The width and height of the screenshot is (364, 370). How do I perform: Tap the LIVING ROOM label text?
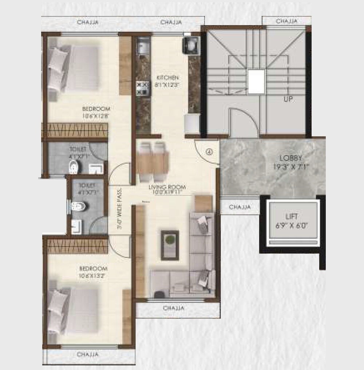(167, 188)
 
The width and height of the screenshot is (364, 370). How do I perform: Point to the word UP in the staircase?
(288, 99)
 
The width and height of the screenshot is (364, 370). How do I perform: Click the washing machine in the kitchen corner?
(190, 45)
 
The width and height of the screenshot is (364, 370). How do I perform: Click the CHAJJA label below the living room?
(174, 308)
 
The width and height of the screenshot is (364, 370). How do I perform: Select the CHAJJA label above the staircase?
(286, 21)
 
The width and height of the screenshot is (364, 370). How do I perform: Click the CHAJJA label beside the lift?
(240, 207)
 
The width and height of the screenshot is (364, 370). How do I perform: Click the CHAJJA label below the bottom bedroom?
(88, 354)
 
